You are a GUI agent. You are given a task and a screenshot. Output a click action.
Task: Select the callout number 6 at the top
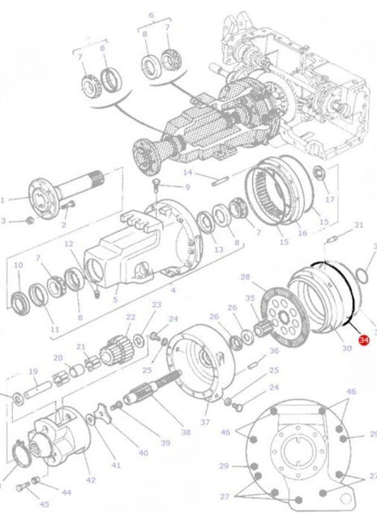pyautogui.click(x=151, y=15)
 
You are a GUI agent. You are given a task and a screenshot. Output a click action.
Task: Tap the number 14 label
pyautogui.click(x=187, y=172)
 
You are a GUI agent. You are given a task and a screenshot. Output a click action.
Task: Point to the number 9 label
pyautogui.click(x=186, y=186)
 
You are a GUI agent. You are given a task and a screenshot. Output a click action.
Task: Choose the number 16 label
pyautogui.click(x=302, y=234)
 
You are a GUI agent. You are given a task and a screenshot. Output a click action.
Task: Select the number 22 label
pyautogui.click(x=131, y=317)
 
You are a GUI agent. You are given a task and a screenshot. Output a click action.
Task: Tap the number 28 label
pyautogui.click(x=245, y=277)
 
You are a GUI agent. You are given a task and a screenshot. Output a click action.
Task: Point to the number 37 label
pyautogui.click(x=204, y=422)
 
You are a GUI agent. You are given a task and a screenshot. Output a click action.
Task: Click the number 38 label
pyautogui.click(x=186, y=433)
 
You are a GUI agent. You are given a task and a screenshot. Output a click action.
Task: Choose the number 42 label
pyautogui.click(x=90, y=480)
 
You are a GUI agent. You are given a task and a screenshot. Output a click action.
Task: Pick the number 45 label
pyautogui.click(x=44, y=504)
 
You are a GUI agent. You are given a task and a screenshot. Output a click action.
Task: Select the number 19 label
pyautogui.click(x=33, y=371)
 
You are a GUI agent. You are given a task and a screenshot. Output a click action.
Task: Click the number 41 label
pyautogui.click(x=116, y=465)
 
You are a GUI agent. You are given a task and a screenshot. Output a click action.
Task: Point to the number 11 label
pyautogui.click(x=55, y=329)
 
